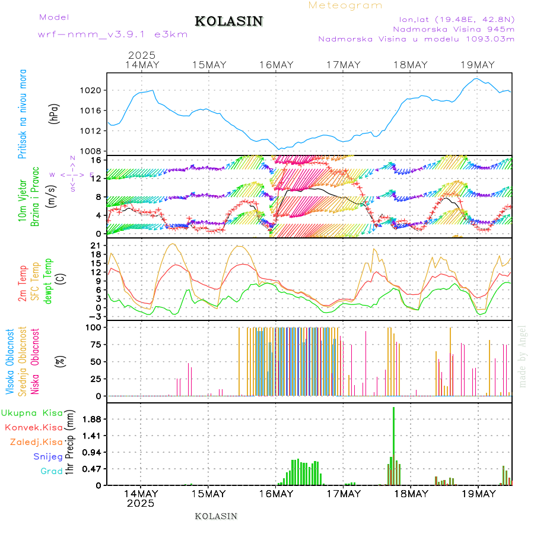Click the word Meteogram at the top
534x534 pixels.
(x=345, y=5)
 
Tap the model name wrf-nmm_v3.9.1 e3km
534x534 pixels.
(x=113, y=34)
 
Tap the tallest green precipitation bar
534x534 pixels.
(x=393, y=445)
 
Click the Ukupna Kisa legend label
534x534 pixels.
(x=32, y=412)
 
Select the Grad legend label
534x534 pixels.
(x=52, y=472)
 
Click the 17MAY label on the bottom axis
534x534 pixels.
(x=344, y=494)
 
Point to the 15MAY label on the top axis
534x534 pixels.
(x=209, y=65)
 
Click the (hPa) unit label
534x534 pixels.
(x=53, y=113)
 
